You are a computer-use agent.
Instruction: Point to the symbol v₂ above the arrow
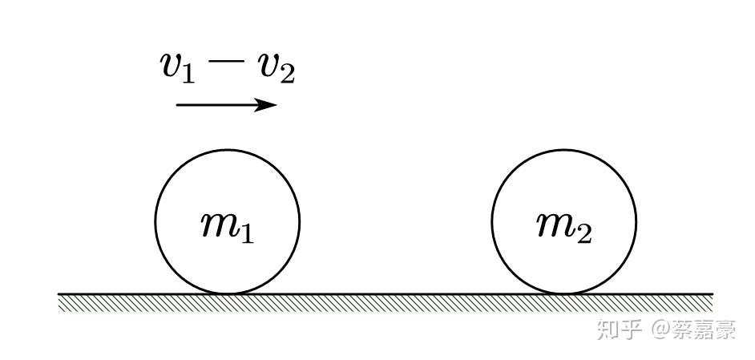(276, 69)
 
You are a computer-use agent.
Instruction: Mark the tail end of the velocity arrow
(177, 105)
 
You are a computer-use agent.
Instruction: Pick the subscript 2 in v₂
(287, 74)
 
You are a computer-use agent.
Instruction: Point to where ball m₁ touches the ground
(227, 293)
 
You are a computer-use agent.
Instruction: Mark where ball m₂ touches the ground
(563, 293)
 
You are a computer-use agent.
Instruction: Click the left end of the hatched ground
(60, 301)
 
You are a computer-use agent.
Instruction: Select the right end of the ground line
(712, 294)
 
